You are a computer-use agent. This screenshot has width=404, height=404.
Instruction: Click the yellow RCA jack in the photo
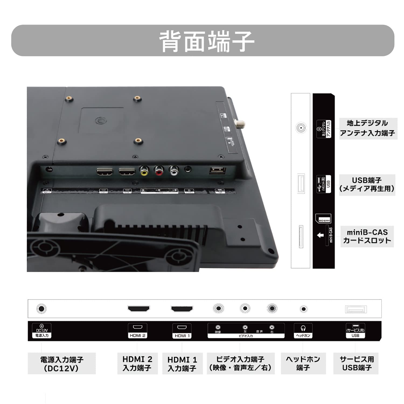click(144, 171)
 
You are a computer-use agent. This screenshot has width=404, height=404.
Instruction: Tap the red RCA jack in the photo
click(159, 171)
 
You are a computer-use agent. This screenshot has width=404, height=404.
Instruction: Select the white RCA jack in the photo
click(174, 170)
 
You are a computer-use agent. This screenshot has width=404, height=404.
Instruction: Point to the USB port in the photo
click(217, 170)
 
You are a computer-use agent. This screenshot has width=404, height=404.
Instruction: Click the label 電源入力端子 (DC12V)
click(62, 364)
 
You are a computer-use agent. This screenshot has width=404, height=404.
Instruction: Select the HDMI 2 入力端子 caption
click(137, 363)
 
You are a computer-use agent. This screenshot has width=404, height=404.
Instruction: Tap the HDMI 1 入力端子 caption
click(182, 364)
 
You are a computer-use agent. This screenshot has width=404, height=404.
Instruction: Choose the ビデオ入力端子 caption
click(241, 363)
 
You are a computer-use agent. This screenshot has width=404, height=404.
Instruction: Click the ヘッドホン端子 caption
click(303, 363)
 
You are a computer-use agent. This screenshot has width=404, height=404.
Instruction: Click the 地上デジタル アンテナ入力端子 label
click(368, 128)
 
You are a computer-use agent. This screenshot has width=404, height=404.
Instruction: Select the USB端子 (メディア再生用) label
click(367, 184)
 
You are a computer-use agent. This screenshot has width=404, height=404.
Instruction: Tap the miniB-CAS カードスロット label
click(367, 236)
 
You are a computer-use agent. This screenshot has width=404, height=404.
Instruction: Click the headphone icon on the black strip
click(303, 328)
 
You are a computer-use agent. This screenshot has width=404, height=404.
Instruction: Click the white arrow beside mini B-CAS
click(320, 235)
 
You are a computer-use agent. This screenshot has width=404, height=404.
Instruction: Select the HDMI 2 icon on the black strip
click(138, 327)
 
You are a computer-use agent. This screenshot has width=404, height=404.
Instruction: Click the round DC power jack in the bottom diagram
click(41, 309)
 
